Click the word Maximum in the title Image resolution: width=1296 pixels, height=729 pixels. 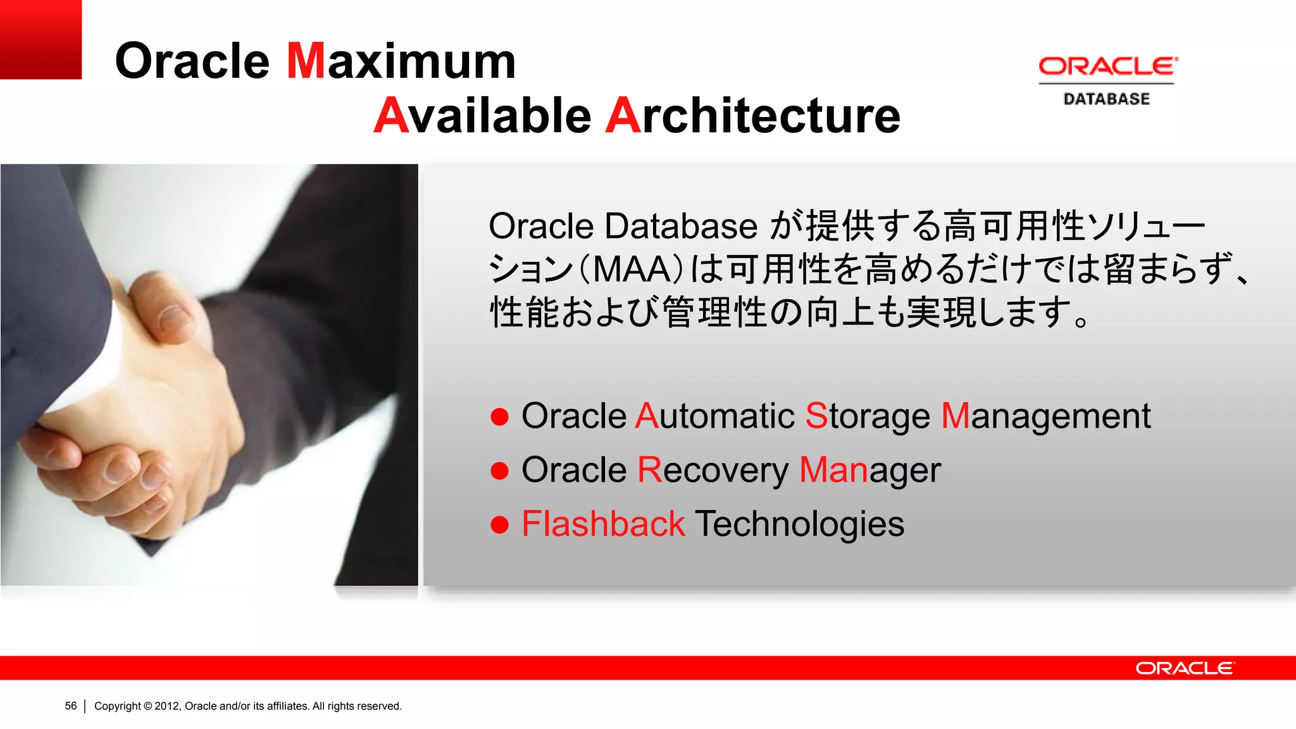point(401,61)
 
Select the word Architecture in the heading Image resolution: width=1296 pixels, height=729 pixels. point(752,116)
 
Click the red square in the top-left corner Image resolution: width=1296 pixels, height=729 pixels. point(40,39)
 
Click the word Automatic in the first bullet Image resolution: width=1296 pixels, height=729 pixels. point(715,416)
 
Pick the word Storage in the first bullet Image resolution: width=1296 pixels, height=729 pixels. point(868,416)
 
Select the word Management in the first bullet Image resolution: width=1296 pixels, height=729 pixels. point(1045,416)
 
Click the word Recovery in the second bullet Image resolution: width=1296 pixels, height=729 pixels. point(713,470)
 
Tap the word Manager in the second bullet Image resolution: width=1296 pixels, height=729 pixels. point(870,470)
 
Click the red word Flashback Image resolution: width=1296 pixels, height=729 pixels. point(603,524)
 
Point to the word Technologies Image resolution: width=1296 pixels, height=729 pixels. point(800,524)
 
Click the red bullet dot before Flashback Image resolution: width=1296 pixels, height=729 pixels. point(500,525)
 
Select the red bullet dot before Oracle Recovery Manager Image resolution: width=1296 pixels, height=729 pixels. point(500,471)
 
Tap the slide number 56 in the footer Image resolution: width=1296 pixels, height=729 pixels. point(71,706)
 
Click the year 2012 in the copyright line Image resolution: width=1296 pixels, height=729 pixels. point(167,706)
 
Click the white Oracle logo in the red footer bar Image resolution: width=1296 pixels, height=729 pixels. point(1185,668)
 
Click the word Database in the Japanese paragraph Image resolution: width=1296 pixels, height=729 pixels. point(681,226)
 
